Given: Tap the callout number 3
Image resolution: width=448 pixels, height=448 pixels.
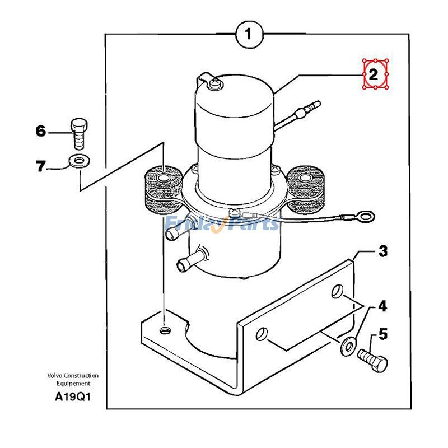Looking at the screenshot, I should [x=382, y=251].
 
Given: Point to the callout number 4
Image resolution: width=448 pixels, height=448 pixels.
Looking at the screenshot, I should [x=382, y=306].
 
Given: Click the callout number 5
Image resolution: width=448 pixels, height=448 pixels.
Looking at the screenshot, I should [x=382, y=334].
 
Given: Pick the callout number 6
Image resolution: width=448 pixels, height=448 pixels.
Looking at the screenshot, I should [x=40, y=132].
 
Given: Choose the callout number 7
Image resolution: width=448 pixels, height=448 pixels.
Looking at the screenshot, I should [x=40, y=166].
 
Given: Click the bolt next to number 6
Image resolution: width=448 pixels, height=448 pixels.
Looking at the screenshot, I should [x=78, y=132].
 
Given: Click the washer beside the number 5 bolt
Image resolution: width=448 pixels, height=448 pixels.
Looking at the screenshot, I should [x=349, y=346].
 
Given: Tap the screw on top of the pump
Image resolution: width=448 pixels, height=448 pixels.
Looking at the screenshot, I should [x=215, y=84].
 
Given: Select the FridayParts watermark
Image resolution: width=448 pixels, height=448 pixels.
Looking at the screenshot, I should [x=222, y=224].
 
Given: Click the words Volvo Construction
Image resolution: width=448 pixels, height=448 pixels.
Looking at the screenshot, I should [x=73, y=376].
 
